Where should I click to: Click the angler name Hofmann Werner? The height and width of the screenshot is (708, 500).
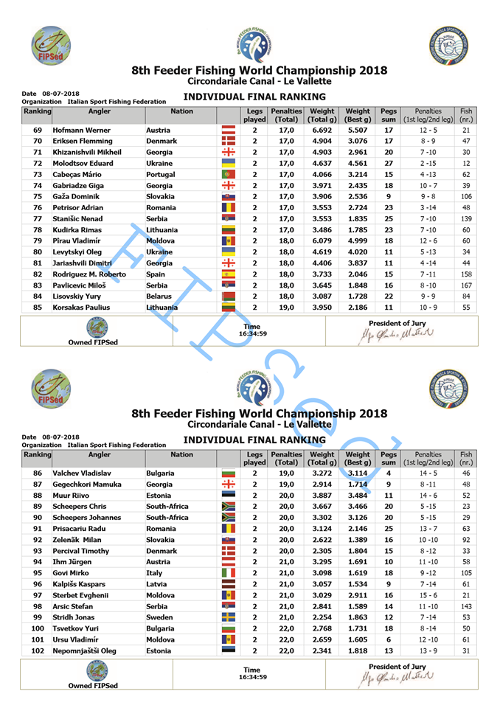[x=81, y=130]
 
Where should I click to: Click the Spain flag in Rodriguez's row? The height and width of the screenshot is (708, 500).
[x=228, y=274]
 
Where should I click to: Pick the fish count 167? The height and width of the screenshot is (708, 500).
[x=466, y=285]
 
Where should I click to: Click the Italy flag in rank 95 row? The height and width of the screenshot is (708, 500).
[x=228, y=574]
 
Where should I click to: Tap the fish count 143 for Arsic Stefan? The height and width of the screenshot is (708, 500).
[x=466, y=607]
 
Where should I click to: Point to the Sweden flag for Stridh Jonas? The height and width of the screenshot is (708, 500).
[x=228, y=618]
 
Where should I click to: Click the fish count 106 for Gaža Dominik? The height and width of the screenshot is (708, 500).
[x=466, y=197]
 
